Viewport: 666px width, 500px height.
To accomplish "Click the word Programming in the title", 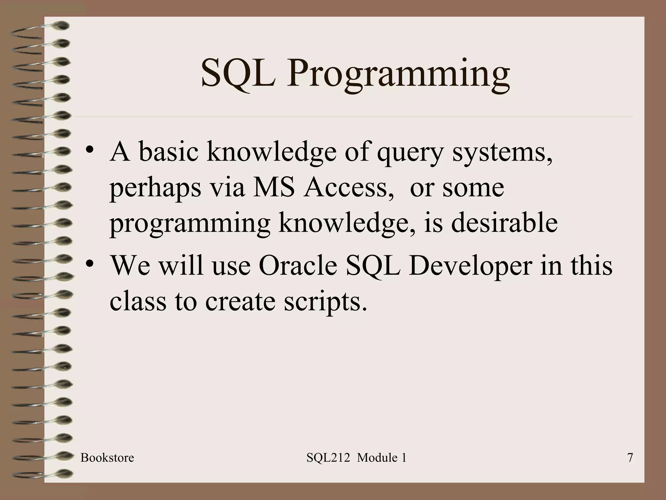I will click(x=398, y=74).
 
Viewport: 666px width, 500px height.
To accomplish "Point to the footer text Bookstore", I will click(x=107, y=458).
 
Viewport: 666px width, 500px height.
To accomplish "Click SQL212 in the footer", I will click(x=328, y=458).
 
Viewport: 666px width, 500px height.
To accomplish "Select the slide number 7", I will click(x=630, y=458).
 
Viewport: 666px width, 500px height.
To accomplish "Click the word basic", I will click(x=168, y=152).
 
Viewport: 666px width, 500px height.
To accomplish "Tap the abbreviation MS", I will click(x=273, y=188).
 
